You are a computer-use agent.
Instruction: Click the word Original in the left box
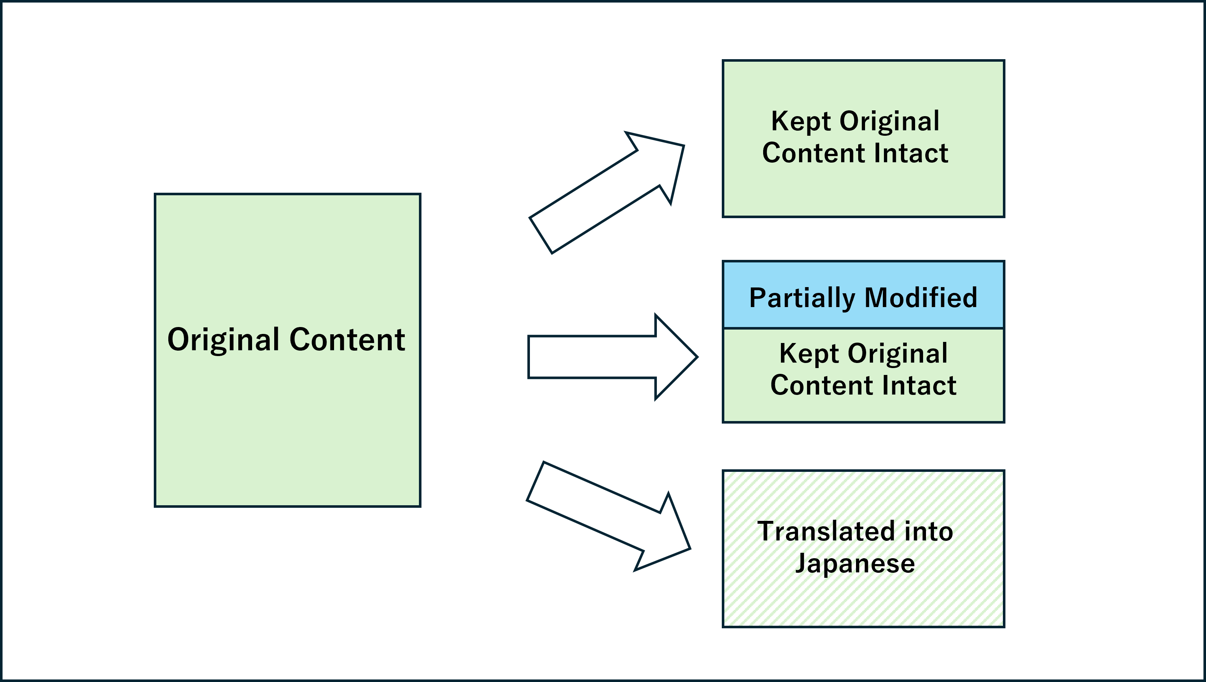click(224, 340)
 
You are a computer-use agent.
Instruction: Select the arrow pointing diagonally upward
click(607, 192)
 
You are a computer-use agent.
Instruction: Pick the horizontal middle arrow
click(609, 357)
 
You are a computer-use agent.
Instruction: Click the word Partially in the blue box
click(802, 298)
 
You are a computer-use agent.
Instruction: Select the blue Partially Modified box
click(863, 295)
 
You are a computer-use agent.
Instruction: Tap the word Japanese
click(855, 563)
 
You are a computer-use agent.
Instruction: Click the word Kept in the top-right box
click(800, 122)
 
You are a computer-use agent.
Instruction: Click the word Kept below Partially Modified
click(808, 354)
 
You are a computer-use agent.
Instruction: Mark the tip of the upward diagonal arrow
click(683, 147)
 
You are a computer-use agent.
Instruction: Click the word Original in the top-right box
click(889, 122)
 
